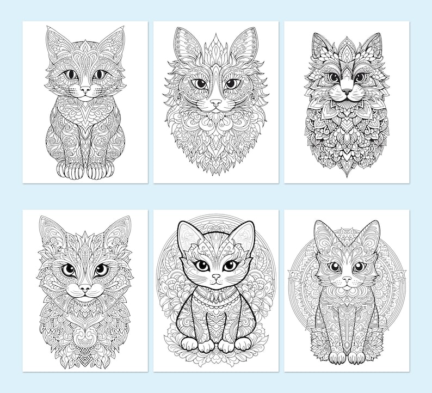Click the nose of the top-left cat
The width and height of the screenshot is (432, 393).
(x=85, y=88)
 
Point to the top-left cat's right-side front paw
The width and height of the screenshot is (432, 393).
(x=97, y=171)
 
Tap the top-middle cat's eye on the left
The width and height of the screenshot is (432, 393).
(x=201, y=84)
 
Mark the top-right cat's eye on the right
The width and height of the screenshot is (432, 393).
(x=360, y=77)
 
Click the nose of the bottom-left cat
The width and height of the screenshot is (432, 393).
(x=84, y=287)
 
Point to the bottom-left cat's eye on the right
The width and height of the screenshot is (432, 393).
(x=101, y=269)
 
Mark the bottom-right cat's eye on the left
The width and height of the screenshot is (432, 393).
(x=334, y=267)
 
